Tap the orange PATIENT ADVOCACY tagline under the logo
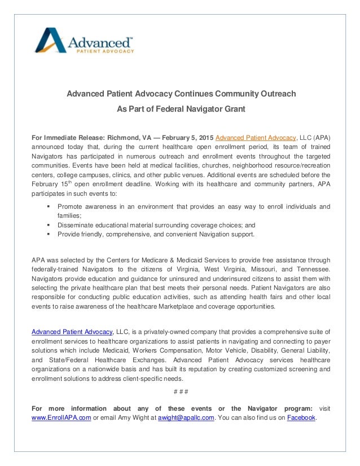point(101,51)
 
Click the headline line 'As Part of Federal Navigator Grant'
point(181,108)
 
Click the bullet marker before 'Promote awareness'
point(49,206)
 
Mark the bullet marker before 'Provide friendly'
point(49,234)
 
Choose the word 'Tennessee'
point(311,269)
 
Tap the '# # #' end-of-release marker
point(181,392)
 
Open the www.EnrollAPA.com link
point(62,417)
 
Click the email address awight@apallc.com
point(186,417)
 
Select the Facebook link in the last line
point(301,417)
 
